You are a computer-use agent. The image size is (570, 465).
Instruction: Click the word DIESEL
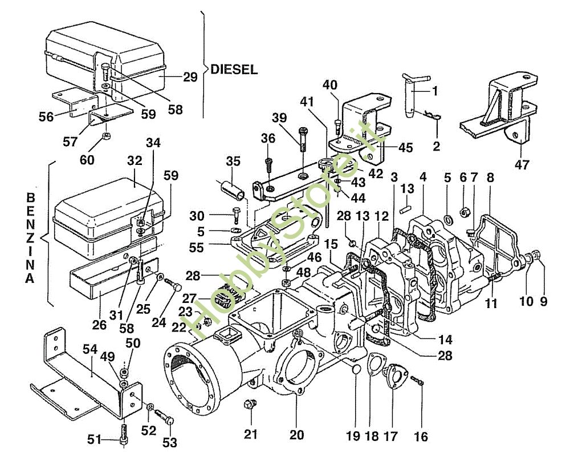point(234,70)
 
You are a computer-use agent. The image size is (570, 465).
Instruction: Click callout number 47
point(522,165)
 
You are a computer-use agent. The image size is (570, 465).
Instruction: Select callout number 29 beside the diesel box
point(190,77)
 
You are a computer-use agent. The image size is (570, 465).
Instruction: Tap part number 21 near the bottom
point(251,434)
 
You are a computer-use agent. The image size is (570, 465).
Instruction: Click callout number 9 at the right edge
point(543,302)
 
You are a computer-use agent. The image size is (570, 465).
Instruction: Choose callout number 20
point(296,435)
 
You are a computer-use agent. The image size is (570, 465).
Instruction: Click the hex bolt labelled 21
point(249,405)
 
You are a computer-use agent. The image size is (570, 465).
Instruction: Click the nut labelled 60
point(105,136)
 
